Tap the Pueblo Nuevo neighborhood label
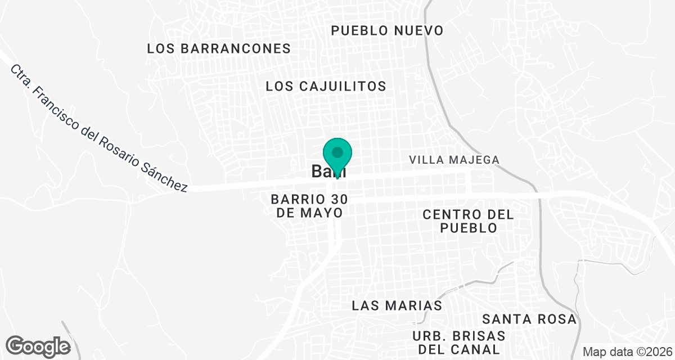387,30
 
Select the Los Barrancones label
219,48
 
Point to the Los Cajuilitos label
326,86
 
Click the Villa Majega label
454,160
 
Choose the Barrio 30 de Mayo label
309,206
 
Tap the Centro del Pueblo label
468,221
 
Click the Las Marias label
397,305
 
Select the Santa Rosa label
529,319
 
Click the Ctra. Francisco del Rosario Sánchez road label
98,129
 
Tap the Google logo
38,346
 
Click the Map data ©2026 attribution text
627,352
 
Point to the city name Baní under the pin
328,172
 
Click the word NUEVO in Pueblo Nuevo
419,30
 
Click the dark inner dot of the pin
337,152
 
